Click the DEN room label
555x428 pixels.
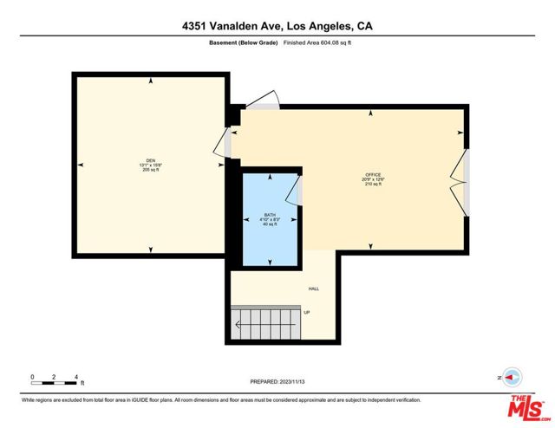150,160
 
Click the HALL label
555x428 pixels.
314,289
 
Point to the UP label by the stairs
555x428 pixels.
306,312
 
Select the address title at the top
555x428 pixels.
277,26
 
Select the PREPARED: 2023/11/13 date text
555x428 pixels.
277,380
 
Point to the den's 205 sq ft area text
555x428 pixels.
150,170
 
